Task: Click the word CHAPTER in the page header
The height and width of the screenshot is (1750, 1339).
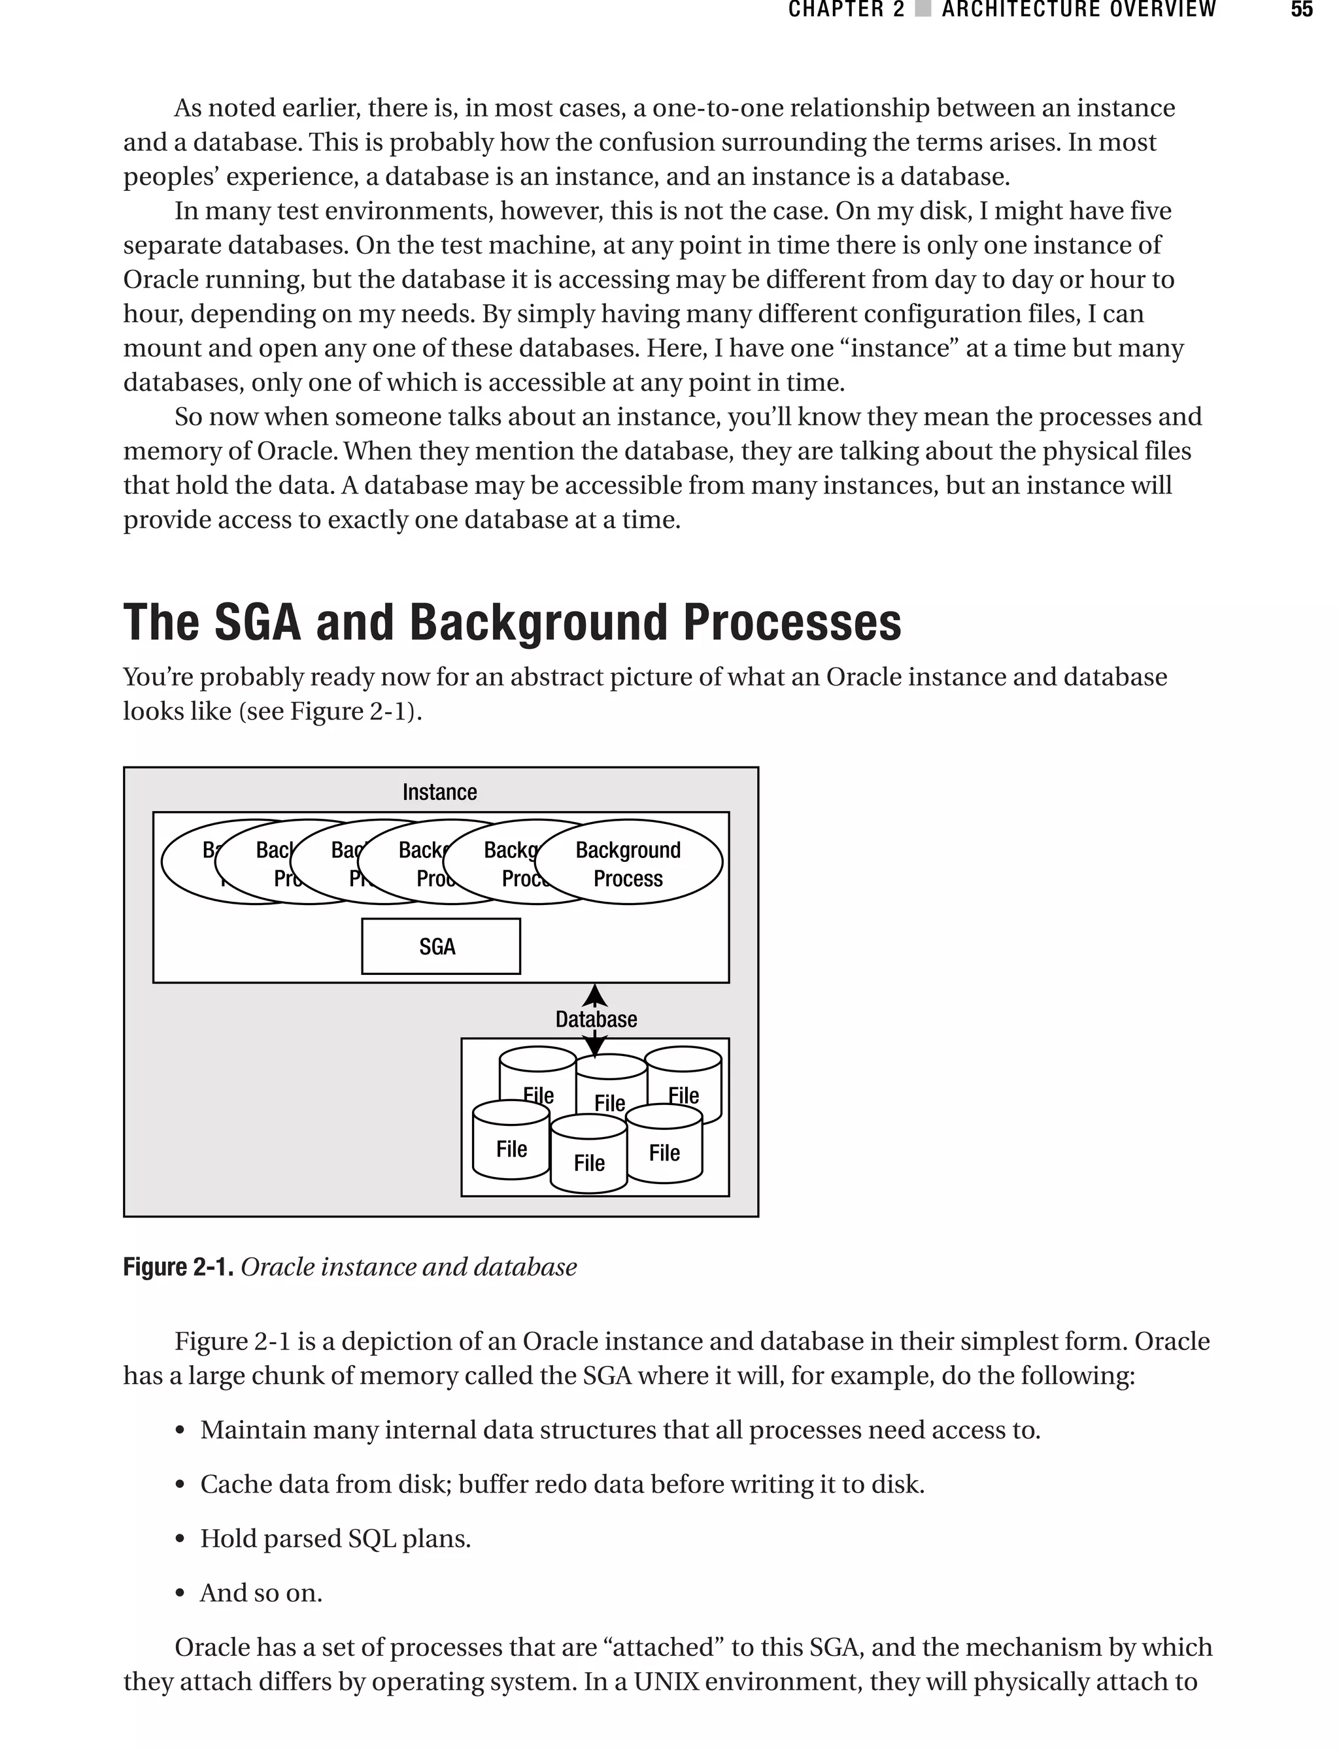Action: (x=836, y=10)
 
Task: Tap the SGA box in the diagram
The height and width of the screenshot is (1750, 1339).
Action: (x=441, y=946)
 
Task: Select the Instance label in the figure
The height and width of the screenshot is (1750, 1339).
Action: (x=439, y=793)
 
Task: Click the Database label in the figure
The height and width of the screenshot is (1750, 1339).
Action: (x=596, y=1019)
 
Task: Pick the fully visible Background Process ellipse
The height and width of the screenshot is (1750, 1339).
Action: (x=628, y=863)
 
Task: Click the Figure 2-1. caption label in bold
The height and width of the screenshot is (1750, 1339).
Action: (x=178, y=1267)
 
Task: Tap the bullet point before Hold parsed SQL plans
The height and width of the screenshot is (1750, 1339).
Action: (x=181, y=1540)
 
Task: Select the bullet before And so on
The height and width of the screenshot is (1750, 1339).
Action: (x=181, y=1594)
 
